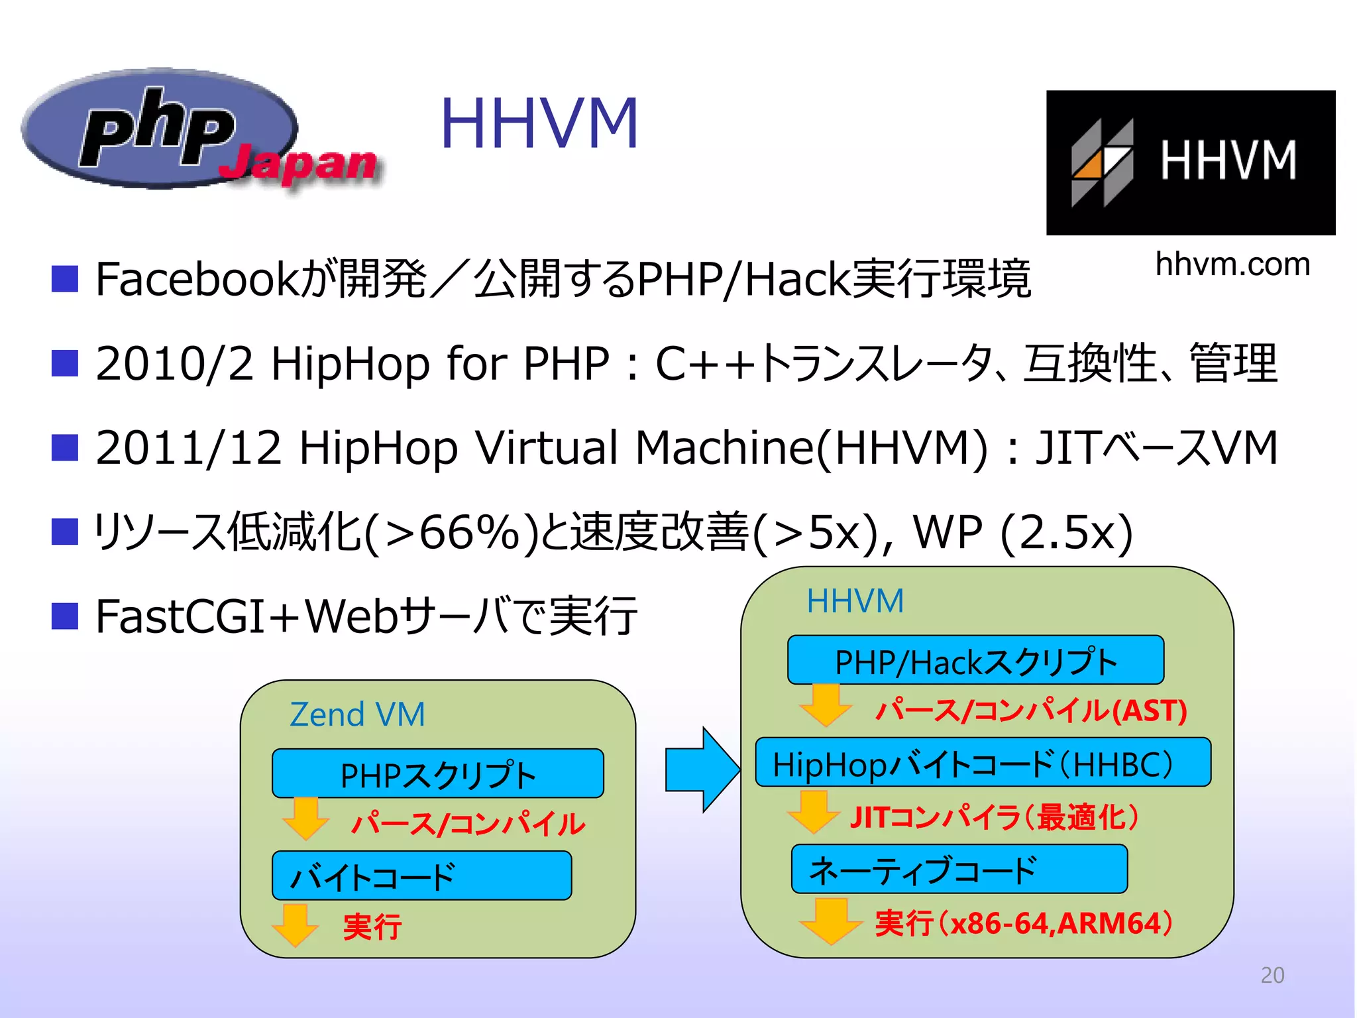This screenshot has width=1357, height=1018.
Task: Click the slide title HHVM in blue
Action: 539,124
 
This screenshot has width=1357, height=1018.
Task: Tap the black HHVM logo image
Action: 1190,162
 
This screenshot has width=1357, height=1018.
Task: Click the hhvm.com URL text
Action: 1232,264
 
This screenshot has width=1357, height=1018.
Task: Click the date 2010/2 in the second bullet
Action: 174,363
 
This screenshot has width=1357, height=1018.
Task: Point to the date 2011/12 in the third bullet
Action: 188,447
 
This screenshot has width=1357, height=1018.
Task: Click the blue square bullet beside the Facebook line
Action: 65,279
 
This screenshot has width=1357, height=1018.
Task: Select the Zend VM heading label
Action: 357,714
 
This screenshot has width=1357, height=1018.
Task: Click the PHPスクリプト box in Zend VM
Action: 437,774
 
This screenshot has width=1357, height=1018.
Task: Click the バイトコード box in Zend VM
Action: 421,876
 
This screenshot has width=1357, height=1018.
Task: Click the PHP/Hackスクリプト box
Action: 975,661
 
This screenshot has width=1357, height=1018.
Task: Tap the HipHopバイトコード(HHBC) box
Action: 983,763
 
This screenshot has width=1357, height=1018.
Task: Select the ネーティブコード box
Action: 959,869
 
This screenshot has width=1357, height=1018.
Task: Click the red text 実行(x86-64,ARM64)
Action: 1024,923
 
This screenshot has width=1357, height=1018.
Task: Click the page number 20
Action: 1272,975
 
